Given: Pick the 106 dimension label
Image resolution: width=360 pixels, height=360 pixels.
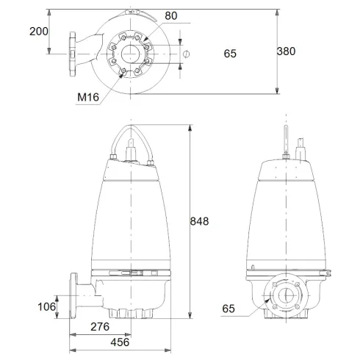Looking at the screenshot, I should pos(47,306).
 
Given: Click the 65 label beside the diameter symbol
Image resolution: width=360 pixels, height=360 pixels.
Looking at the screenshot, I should pos(230,53).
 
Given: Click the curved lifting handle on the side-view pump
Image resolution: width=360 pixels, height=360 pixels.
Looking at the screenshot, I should pos(132,136).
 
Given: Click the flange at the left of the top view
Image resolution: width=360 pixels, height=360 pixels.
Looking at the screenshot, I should pos(72,53).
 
